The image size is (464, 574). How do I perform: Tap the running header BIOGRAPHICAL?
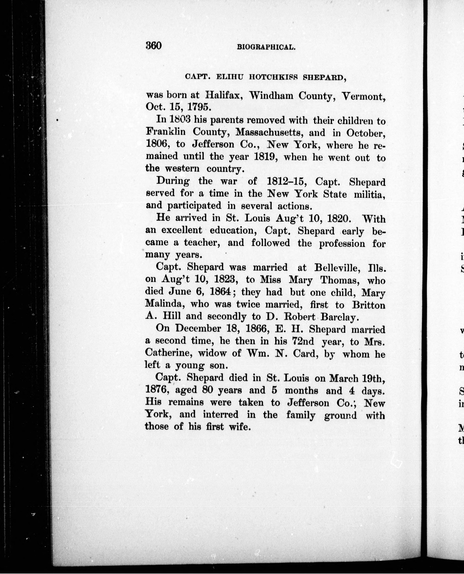coord(266,48)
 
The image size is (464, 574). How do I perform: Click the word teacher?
coord(201,243)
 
